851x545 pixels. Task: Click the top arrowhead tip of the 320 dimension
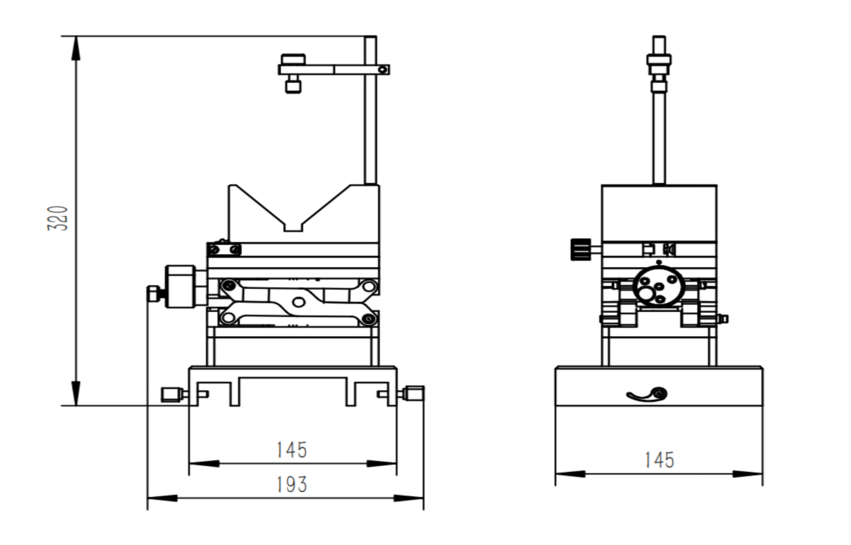[x=76, y=36]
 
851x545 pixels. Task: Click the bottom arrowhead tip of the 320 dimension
[x=76, y=405]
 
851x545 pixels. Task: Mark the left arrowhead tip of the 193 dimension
[x=148, y=498]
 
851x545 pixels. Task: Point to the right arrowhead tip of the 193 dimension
[x=424, y=498]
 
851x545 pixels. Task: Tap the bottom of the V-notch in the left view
[x=293, y=231]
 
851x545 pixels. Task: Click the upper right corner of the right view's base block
[x=763, y=367]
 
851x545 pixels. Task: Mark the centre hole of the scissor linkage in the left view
[x=299, y=302]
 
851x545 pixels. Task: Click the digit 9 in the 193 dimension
[x=291, y=485]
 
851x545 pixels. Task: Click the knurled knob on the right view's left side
[x=581, y=250]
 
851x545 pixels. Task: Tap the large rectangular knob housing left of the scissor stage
[x=180, y=286]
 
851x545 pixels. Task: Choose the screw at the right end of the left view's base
[x=413, y=394]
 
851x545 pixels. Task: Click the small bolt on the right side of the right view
[x=723, y=318]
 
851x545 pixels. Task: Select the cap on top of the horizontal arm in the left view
[x=293, y=60]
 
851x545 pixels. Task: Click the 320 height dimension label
[x=58, y=218]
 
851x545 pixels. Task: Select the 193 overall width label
[x=292, y=485]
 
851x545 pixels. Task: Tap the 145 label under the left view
[x=292, y=450]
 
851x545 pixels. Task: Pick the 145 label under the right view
[x=659, y=460]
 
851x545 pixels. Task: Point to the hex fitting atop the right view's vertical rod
[x=659, y=60]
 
